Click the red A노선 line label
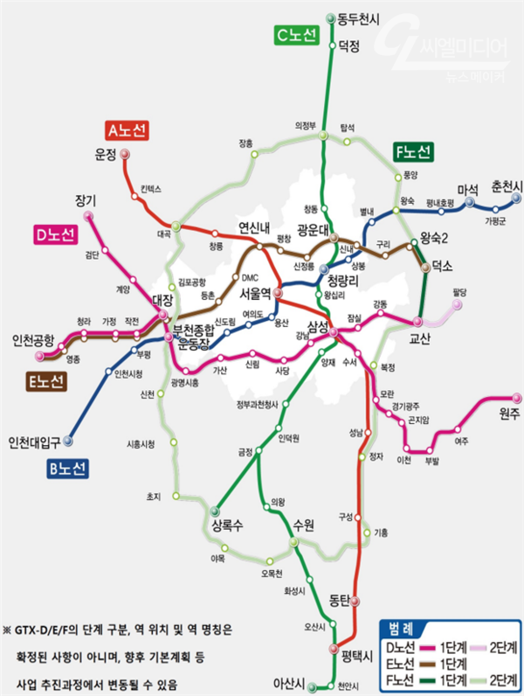(x=128, y=130)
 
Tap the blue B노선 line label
(x=68, y=470)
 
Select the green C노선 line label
(x=297, y=34)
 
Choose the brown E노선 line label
(x=46, y=382)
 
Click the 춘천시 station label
(x=506, y=186)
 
